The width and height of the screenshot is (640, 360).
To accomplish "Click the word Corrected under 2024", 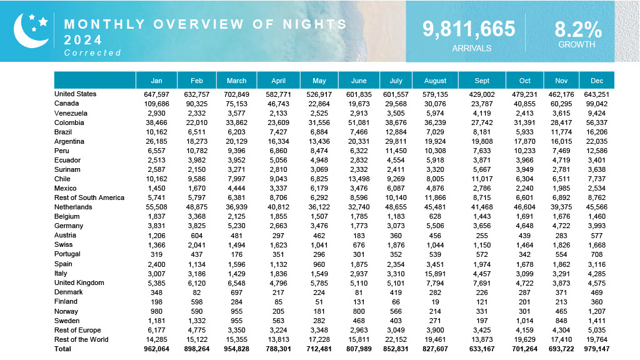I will (92, 53).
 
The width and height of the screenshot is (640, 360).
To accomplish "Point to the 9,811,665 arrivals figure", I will (469, 29).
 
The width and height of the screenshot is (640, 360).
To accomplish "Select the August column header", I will (435, 81).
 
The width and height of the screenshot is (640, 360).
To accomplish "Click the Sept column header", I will (482, 81).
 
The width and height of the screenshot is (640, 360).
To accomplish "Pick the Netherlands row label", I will (73, 207).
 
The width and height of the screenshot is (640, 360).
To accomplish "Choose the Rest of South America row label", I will (89, 197).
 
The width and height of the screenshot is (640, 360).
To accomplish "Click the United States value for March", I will (237, 94).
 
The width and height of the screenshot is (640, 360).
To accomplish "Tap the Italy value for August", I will (435, 273).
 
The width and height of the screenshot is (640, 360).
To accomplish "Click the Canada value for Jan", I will (157, 104).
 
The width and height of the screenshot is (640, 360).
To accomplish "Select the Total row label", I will (63, 349).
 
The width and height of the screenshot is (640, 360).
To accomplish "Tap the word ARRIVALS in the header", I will (471, 48).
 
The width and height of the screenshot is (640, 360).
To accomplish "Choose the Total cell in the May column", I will (319, 349).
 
